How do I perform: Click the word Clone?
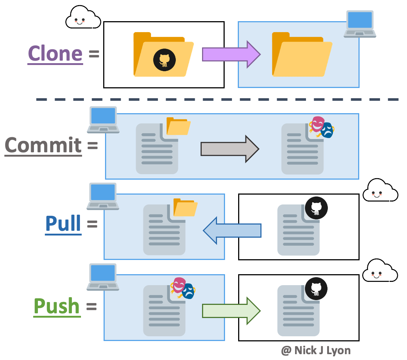[55, 54]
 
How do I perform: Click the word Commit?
[43, 145]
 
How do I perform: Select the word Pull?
[63, 223]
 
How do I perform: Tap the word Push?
[57, 306]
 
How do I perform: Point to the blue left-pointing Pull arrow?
[232, 230]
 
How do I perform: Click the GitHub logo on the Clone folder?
[164, 60]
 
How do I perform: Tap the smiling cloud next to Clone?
[83, 18]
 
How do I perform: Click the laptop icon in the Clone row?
[360, 24]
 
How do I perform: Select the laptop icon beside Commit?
[103, 119]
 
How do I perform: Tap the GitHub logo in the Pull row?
[316, 208]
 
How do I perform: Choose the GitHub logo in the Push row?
[316, 289]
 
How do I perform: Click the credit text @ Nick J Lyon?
[316, 351]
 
